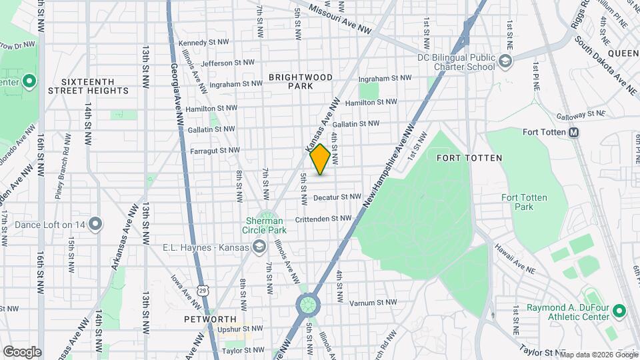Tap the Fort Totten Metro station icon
click(573, 133)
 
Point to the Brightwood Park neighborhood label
click(301, 81)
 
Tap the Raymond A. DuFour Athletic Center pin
click(618, 310)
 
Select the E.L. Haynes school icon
click(258, 247)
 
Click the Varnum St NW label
click(369, 303)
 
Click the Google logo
click(22, 351)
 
